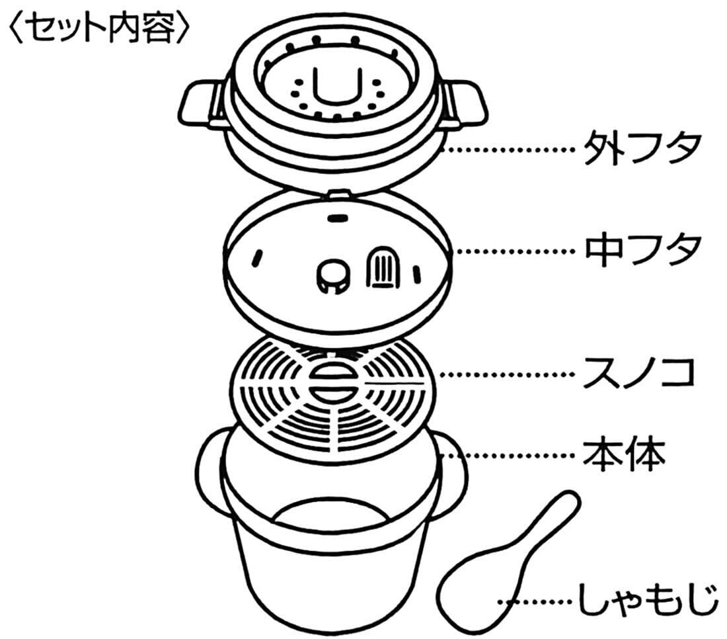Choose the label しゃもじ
pos(647,600)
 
